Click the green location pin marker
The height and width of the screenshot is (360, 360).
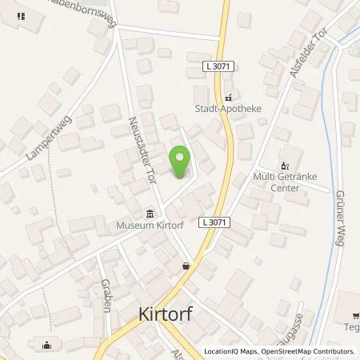pos(181,163)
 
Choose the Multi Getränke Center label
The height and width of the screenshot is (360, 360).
pos(286,182)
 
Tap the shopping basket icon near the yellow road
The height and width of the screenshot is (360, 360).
pos(186,266)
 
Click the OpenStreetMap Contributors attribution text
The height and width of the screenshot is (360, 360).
pos(310,351)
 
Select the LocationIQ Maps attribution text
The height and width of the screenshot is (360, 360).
pos(234,351)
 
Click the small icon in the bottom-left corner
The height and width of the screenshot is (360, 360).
pos(46,346)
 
